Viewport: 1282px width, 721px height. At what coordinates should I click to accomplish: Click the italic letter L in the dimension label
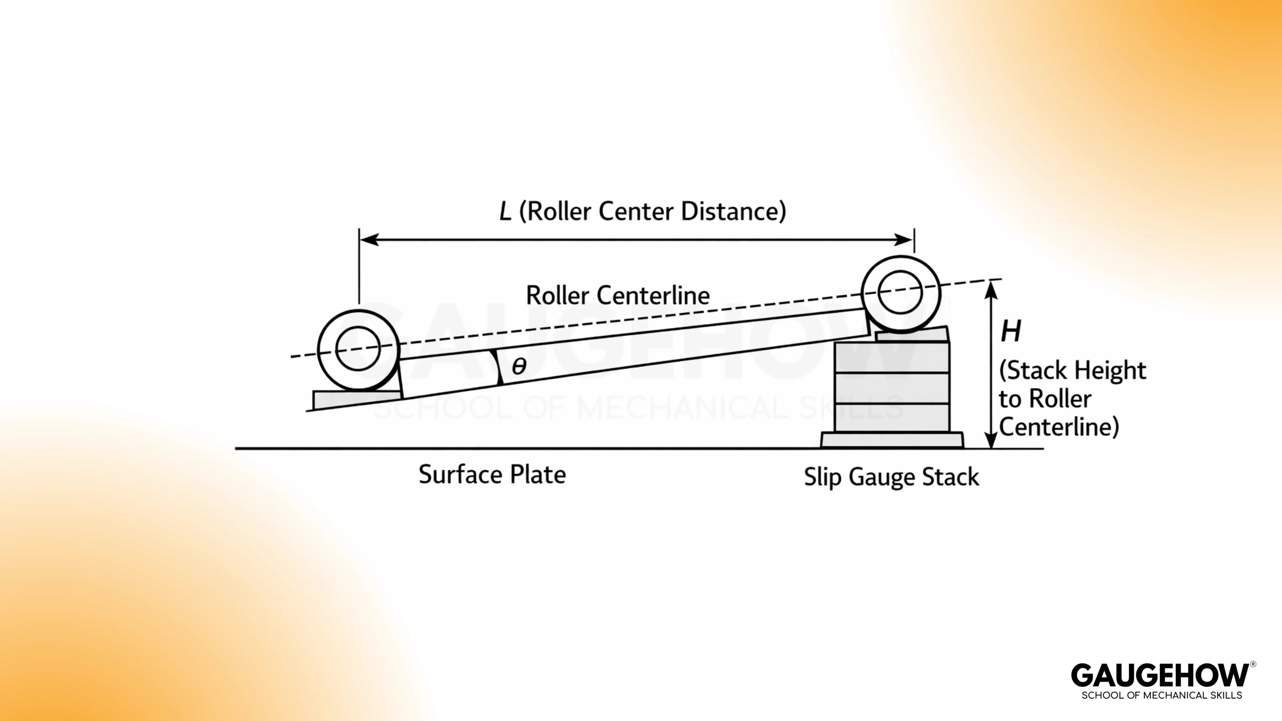click(x=505, y=211)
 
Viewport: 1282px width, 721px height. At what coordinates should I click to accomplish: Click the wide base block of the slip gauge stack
click(x=892, y=440)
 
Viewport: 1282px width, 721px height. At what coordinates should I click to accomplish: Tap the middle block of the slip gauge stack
click(x=892, y=388)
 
